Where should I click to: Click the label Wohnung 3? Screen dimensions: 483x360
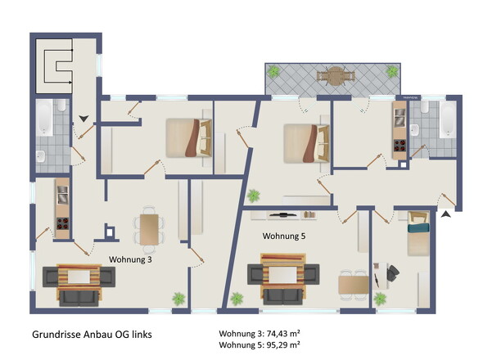click(130, 259)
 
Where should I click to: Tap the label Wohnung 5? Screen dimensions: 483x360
click(284, 236)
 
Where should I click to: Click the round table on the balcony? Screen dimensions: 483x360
click(336, 76)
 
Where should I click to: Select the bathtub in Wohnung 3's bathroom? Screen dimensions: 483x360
click(45, 117)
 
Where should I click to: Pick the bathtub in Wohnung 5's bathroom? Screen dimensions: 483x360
click(448, 119)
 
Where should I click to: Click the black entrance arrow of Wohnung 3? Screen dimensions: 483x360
click(84, 119)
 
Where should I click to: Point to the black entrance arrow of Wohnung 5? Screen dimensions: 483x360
click(445, 214)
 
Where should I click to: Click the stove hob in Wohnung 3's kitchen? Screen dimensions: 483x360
click(62, 223)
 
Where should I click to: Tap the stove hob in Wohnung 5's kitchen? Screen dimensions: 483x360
click(399, 146)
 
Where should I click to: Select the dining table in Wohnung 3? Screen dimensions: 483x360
click(149, 229)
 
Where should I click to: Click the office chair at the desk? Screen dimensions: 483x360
click(393, 272)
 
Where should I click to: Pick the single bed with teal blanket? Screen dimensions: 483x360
click(418, 233)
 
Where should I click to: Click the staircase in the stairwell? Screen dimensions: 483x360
click(54, 66)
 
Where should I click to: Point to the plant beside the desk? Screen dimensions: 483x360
click(380, 299)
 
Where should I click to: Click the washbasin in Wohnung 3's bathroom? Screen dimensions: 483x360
click(40, 156)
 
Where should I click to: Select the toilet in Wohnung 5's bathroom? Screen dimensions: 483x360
click(425, 107)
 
